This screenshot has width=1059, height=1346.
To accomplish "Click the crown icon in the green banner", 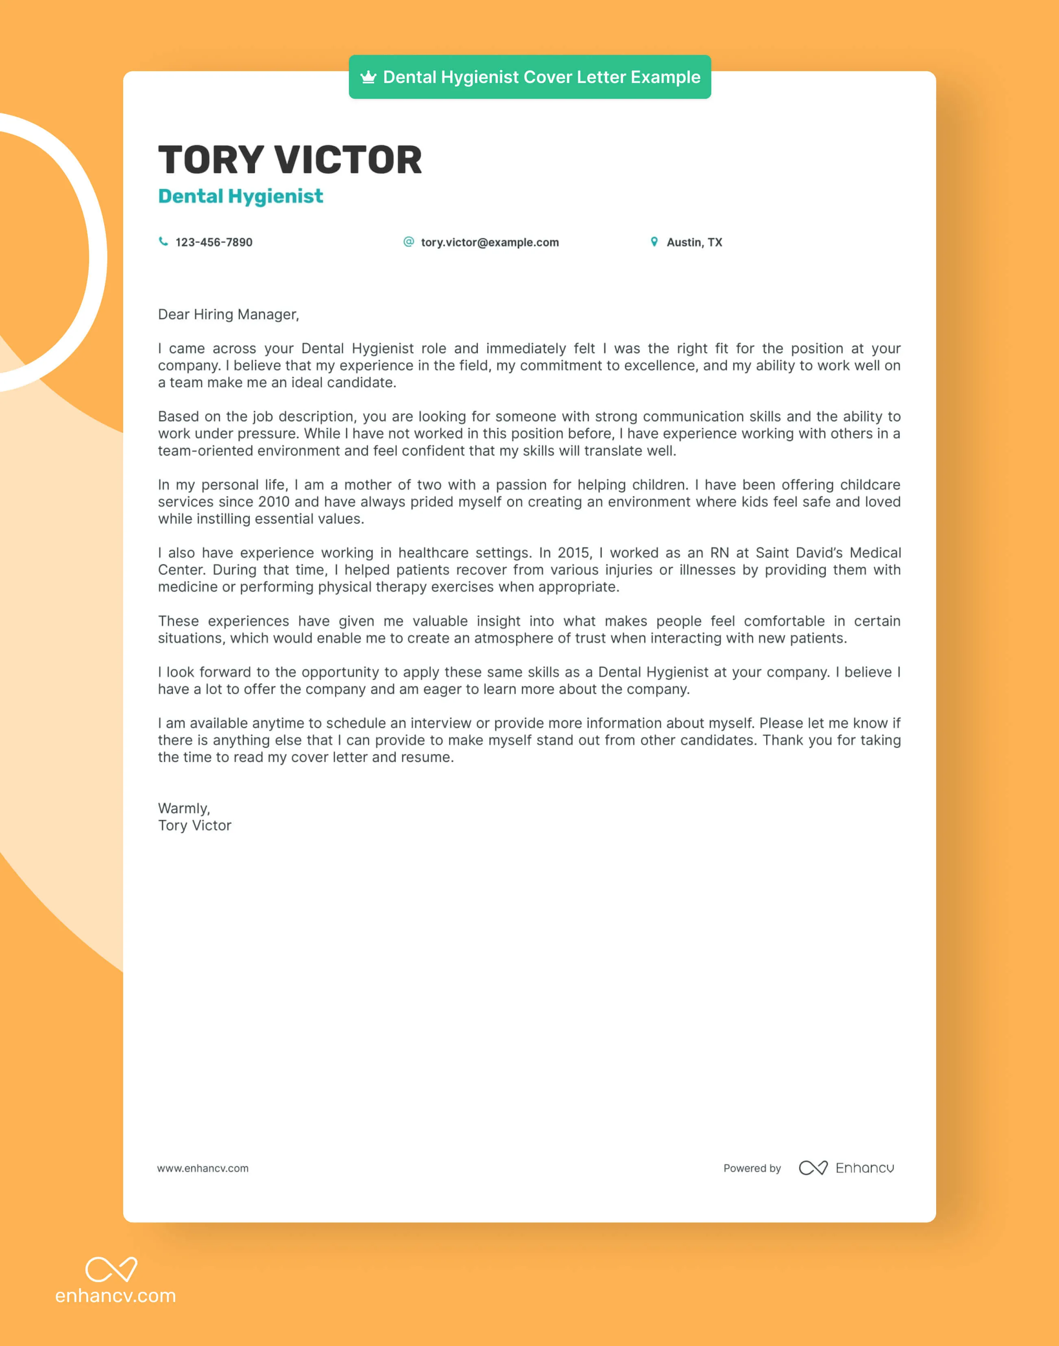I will (x=368, y=77).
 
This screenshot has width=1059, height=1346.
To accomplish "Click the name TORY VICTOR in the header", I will (x=290, y=160).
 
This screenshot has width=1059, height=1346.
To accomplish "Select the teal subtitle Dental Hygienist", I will (x=241, y=196).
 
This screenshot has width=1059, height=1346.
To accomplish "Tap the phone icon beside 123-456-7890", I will (x=163, y=242).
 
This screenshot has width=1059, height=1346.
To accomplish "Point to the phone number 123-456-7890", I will (x=214, y=242).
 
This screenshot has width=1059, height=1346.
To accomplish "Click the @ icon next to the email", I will (x=409, y=242).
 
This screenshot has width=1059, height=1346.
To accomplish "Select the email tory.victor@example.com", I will (x=490, y=242).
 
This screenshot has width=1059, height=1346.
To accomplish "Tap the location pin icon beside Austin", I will (x=654, y=242).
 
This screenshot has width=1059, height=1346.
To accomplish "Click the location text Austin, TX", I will (x=695, y=242).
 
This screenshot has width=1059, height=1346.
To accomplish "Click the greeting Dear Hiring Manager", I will (x=228, y=314).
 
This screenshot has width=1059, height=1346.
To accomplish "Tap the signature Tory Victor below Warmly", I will (x=195, y=825).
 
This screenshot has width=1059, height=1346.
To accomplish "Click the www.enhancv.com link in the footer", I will (x=203, y=1168).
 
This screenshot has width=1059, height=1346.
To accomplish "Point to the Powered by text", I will (x=752, y=1168).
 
